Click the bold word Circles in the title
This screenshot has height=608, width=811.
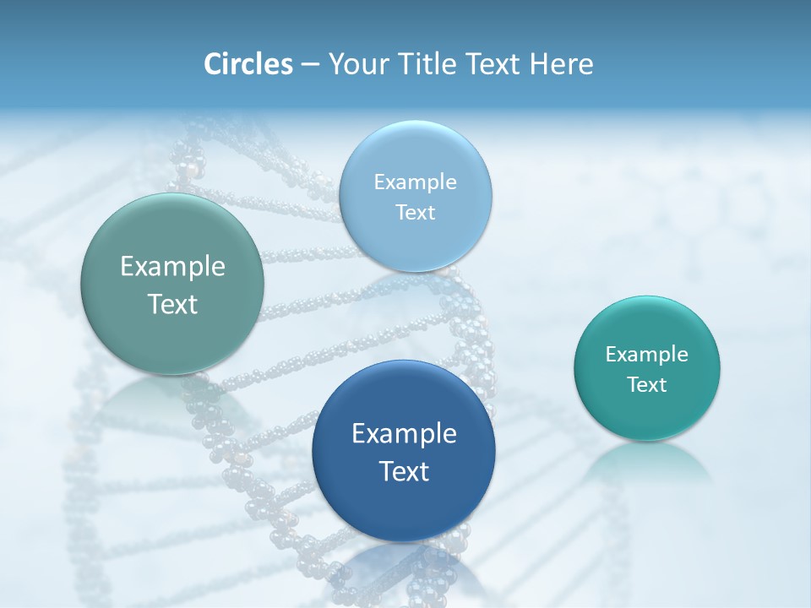248,64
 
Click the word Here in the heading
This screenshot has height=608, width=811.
562,64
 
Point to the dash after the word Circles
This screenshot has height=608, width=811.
310,65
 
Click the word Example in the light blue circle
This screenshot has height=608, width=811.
415,182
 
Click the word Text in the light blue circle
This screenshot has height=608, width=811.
415,213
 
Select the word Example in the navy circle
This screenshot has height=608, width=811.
404,434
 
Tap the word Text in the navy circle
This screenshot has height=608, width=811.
404,471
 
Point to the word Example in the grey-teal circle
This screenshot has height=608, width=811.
172,267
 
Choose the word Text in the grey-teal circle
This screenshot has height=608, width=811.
172,304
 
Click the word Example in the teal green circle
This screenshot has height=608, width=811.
647,355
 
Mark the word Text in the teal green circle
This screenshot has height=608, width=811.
647,385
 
